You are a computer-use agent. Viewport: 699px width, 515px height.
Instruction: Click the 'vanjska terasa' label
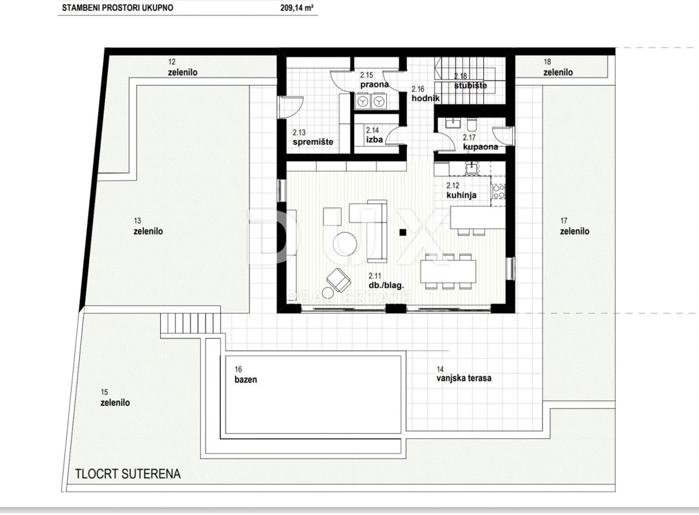464,378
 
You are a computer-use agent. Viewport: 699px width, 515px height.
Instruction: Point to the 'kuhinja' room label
461,195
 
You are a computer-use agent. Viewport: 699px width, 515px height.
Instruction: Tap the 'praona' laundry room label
374,85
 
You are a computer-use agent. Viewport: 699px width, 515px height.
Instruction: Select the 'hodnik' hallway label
425,99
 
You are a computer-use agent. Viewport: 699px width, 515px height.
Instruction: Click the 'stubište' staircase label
470,86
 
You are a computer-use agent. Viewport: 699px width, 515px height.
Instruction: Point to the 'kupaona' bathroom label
480,147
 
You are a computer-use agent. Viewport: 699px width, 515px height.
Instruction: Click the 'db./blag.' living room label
386,285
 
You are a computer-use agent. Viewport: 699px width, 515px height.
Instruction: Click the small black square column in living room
402,233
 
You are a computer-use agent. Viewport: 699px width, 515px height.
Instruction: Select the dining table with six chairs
448,271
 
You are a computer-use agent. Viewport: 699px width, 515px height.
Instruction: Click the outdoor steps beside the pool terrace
191,323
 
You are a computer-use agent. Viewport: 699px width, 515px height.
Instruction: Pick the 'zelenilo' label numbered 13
148,231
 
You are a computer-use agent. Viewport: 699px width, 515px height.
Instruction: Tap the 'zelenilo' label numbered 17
574,231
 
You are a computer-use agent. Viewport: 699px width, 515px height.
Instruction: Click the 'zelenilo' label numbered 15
115,403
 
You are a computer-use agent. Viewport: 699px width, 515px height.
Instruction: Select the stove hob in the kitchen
499,191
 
